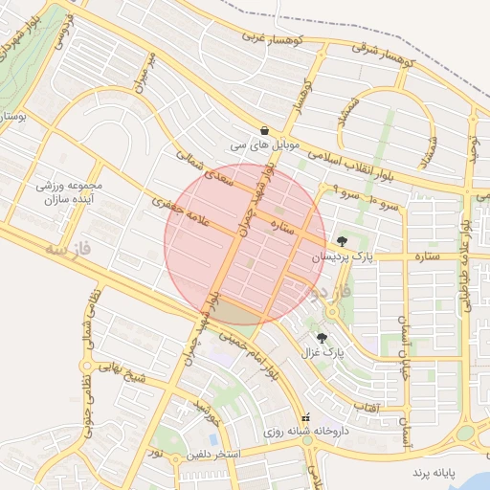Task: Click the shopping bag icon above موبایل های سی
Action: (x=263, y=130)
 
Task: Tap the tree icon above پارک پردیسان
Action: (x=342, y=240)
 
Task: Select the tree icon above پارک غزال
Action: (x=321, y=338)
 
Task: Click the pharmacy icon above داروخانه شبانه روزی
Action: (x=305, y=418)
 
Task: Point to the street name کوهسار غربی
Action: (x=263, y=36)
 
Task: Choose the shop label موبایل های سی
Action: (x=263, y=146)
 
